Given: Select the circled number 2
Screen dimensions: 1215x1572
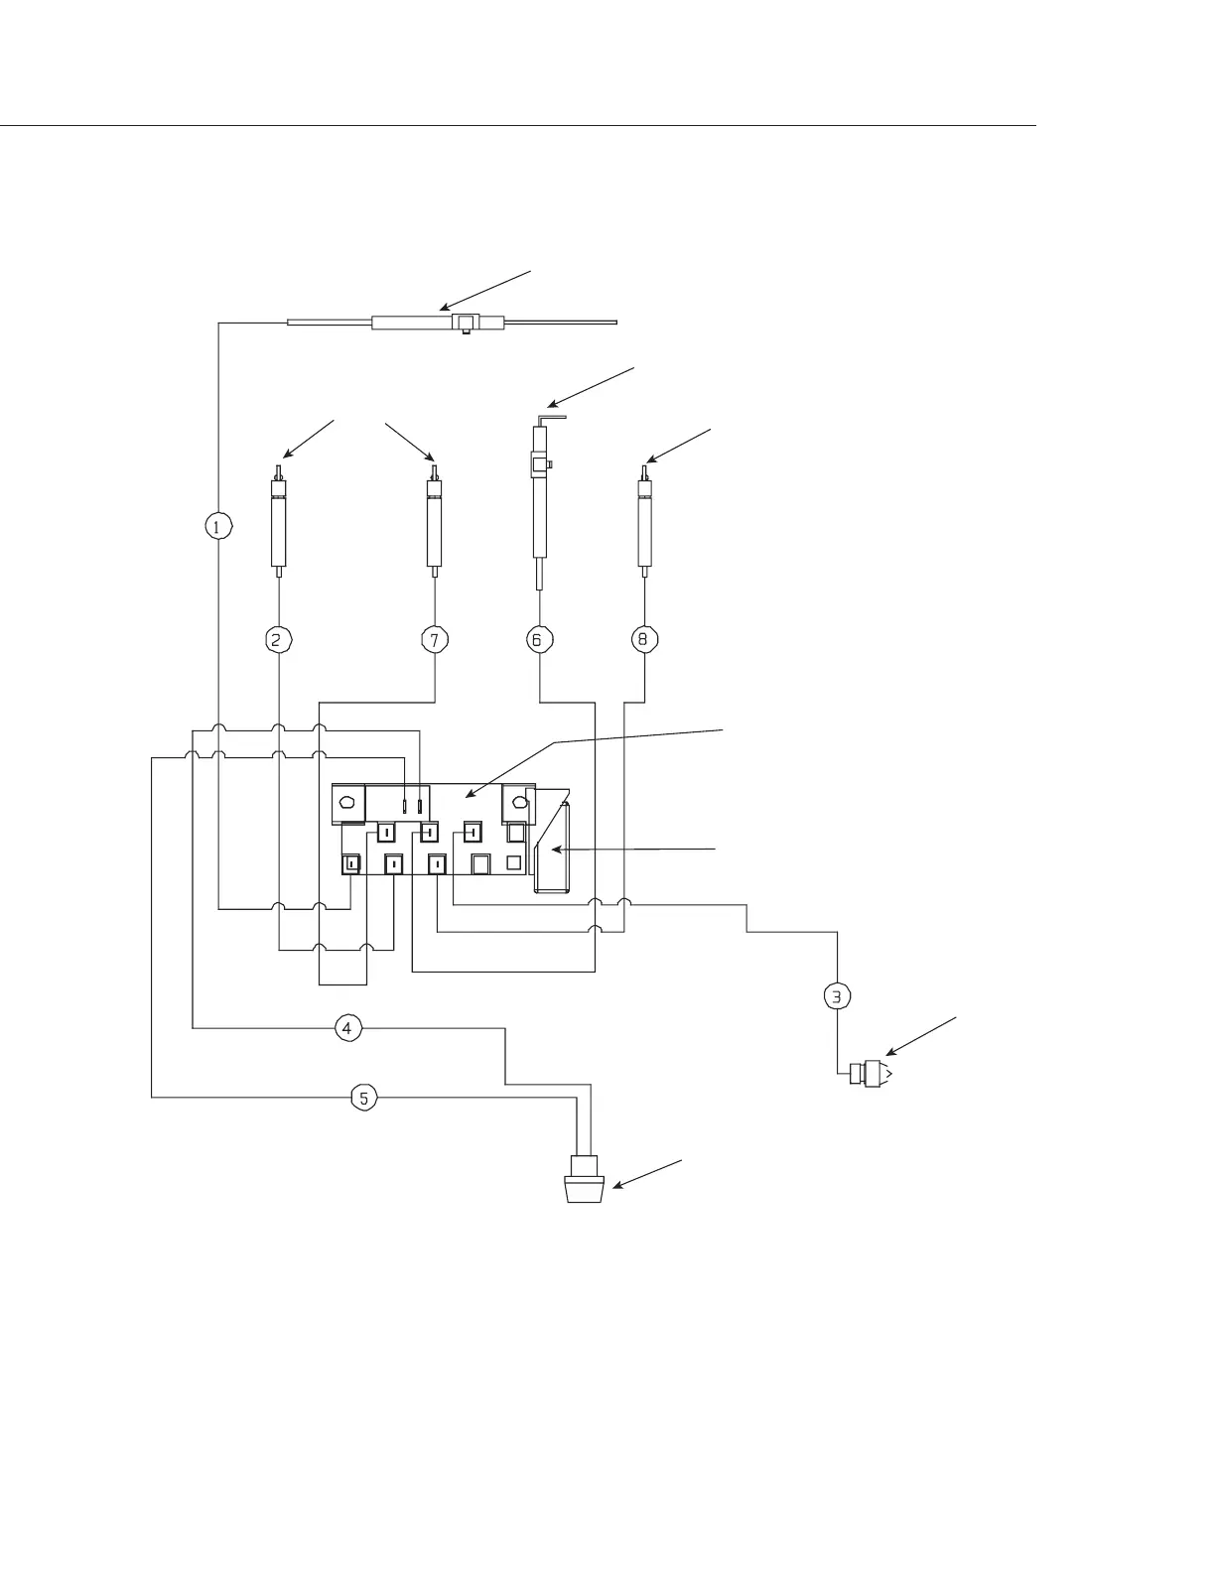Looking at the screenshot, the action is (279, 640).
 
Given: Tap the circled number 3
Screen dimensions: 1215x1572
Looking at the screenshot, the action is (838, 995).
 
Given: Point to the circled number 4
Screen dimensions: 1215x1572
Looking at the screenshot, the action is (346, 1028).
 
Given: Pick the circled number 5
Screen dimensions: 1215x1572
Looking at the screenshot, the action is (364, 1098).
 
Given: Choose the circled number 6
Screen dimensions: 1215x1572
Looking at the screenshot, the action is (538, 640).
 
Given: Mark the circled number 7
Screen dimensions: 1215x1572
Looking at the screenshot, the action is (435, 640).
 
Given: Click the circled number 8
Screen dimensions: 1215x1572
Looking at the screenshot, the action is (644, 640).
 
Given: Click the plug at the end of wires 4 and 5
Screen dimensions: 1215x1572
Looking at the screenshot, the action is (584, 1180).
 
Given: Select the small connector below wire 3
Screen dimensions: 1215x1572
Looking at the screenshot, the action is (869, 1074).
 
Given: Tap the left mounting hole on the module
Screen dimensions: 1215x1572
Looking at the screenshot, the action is (348, 803).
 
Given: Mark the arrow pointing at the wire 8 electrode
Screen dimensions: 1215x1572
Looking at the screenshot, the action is (678, 445).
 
